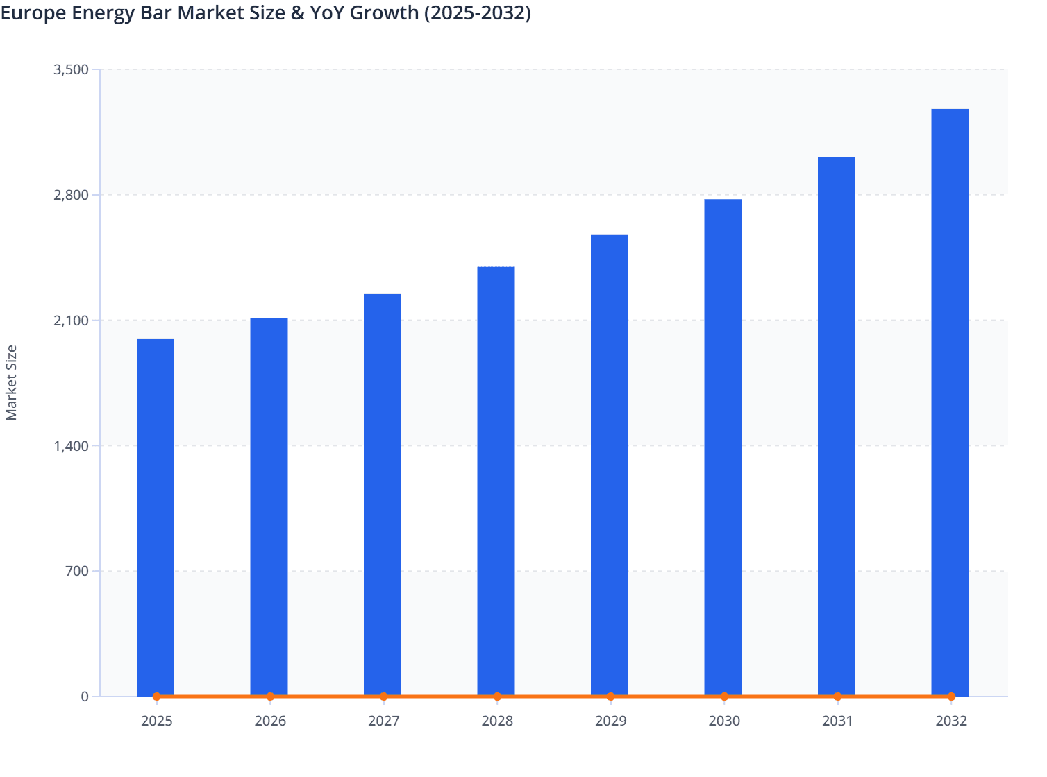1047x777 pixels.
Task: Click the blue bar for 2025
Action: pyautogui.click(x=156, y=517)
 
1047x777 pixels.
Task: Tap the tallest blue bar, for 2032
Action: pyautogui.click(x=950, y=402)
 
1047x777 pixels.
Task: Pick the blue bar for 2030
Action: pyautogui.click(x=723, y=447)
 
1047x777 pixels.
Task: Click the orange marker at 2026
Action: pyautogui.click(x=270, y=697)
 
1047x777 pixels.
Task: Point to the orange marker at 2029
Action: pyautogui.click(x=610, y=697)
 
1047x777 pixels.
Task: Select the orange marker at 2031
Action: pyautogui.click(x=837, y=697)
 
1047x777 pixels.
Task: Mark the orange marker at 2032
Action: pyautogui.click(x=951, y=697)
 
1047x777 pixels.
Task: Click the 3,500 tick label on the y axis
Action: pyautogui.click(x=71, y=69)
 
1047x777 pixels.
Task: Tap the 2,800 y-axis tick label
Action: pyautogui.click(x=71, y=195)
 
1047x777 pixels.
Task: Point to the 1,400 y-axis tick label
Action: pyautogui.click(x=71, y=446)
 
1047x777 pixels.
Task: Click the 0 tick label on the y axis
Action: pyautogui.click(x=85, y=697)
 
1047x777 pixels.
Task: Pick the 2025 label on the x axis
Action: pyautogui.click(x=157, y=721)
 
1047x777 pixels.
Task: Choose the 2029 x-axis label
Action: pyautogui.click(x=610, y=721)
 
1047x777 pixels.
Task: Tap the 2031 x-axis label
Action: pyautogui.click(x=837, y=721)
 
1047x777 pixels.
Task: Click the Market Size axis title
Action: pyautogui.click(x=11, y=382)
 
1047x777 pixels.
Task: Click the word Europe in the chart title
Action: pyautogui.click(x=32, y=13)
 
